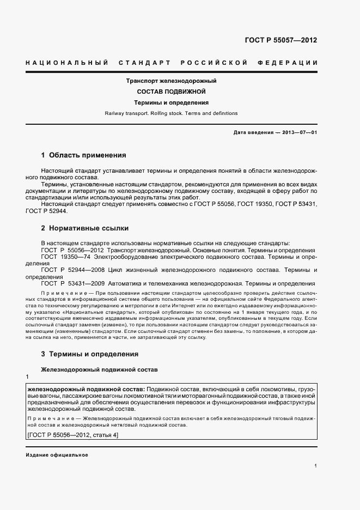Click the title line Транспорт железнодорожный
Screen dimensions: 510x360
pos(172,81)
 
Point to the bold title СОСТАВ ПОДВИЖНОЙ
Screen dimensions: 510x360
pos(172,92)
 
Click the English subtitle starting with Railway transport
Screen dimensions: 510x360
pos(172,113)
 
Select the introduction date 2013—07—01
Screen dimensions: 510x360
pos(298,132)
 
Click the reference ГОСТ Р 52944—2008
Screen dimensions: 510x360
pos(71,270)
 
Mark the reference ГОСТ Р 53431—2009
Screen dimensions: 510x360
pos(71,283)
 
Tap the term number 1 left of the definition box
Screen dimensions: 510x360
pos(27,378)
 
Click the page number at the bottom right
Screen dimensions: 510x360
pos(316,466)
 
